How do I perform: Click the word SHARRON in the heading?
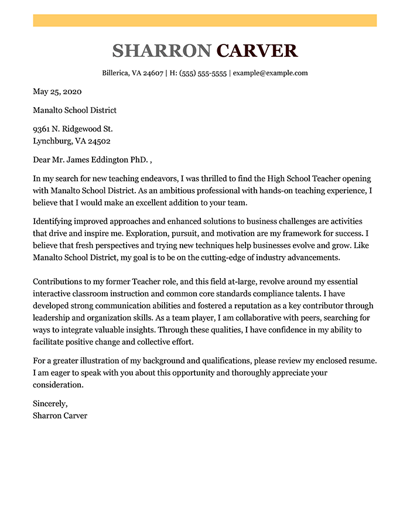coord(161,51)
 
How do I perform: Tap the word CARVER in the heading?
coord(257,51)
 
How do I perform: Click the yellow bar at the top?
coord(204,20)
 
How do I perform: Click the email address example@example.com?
coord(270,73)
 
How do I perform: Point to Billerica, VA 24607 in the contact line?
coord(132,73)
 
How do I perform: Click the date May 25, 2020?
coord(57,91)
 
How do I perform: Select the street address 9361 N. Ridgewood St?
coord(73,128)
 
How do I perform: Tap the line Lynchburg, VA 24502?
coord(72,141)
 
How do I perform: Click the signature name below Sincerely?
coord(60,416)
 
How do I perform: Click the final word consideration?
coord(59,385)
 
